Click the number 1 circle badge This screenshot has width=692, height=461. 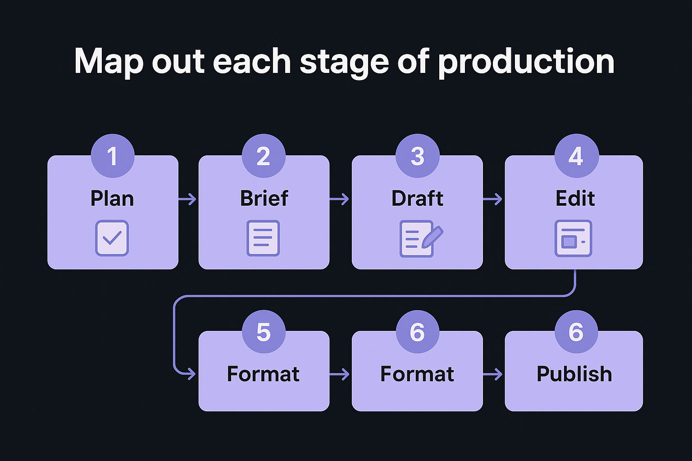click(x=112, y=156)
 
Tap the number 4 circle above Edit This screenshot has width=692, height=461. click(x=576, y=156)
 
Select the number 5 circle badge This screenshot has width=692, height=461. click(x=264, y=332)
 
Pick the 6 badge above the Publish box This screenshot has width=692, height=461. click(x=576, y=332)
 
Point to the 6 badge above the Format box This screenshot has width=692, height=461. click(x=417, y=332)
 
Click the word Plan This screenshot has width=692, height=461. click(x=112, y=199)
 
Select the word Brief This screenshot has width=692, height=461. click(x=264, y=199)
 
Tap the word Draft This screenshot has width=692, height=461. click(x=417, y=199)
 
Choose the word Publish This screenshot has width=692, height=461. click(x=574, y=374)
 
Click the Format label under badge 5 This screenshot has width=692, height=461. click(x=264, y=374)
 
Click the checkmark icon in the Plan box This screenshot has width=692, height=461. click(x=112, y=238)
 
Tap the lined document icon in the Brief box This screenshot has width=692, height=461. click(x=263, y=238)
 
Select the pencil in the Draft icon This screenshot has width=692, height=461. click(x=432, y=236)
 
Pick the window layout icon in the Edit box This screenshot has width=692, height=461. click(x=573, y=238)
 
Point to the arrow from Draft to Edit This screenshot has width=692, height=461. click(x=493, y=199)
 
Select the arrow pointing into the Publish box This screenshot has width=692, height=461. click(x=493, y=374)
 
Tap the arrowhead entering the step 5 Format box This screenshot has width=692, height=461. click(x=191, y=374)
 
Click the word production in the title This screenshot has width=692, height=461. click(x=526, y=62)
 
